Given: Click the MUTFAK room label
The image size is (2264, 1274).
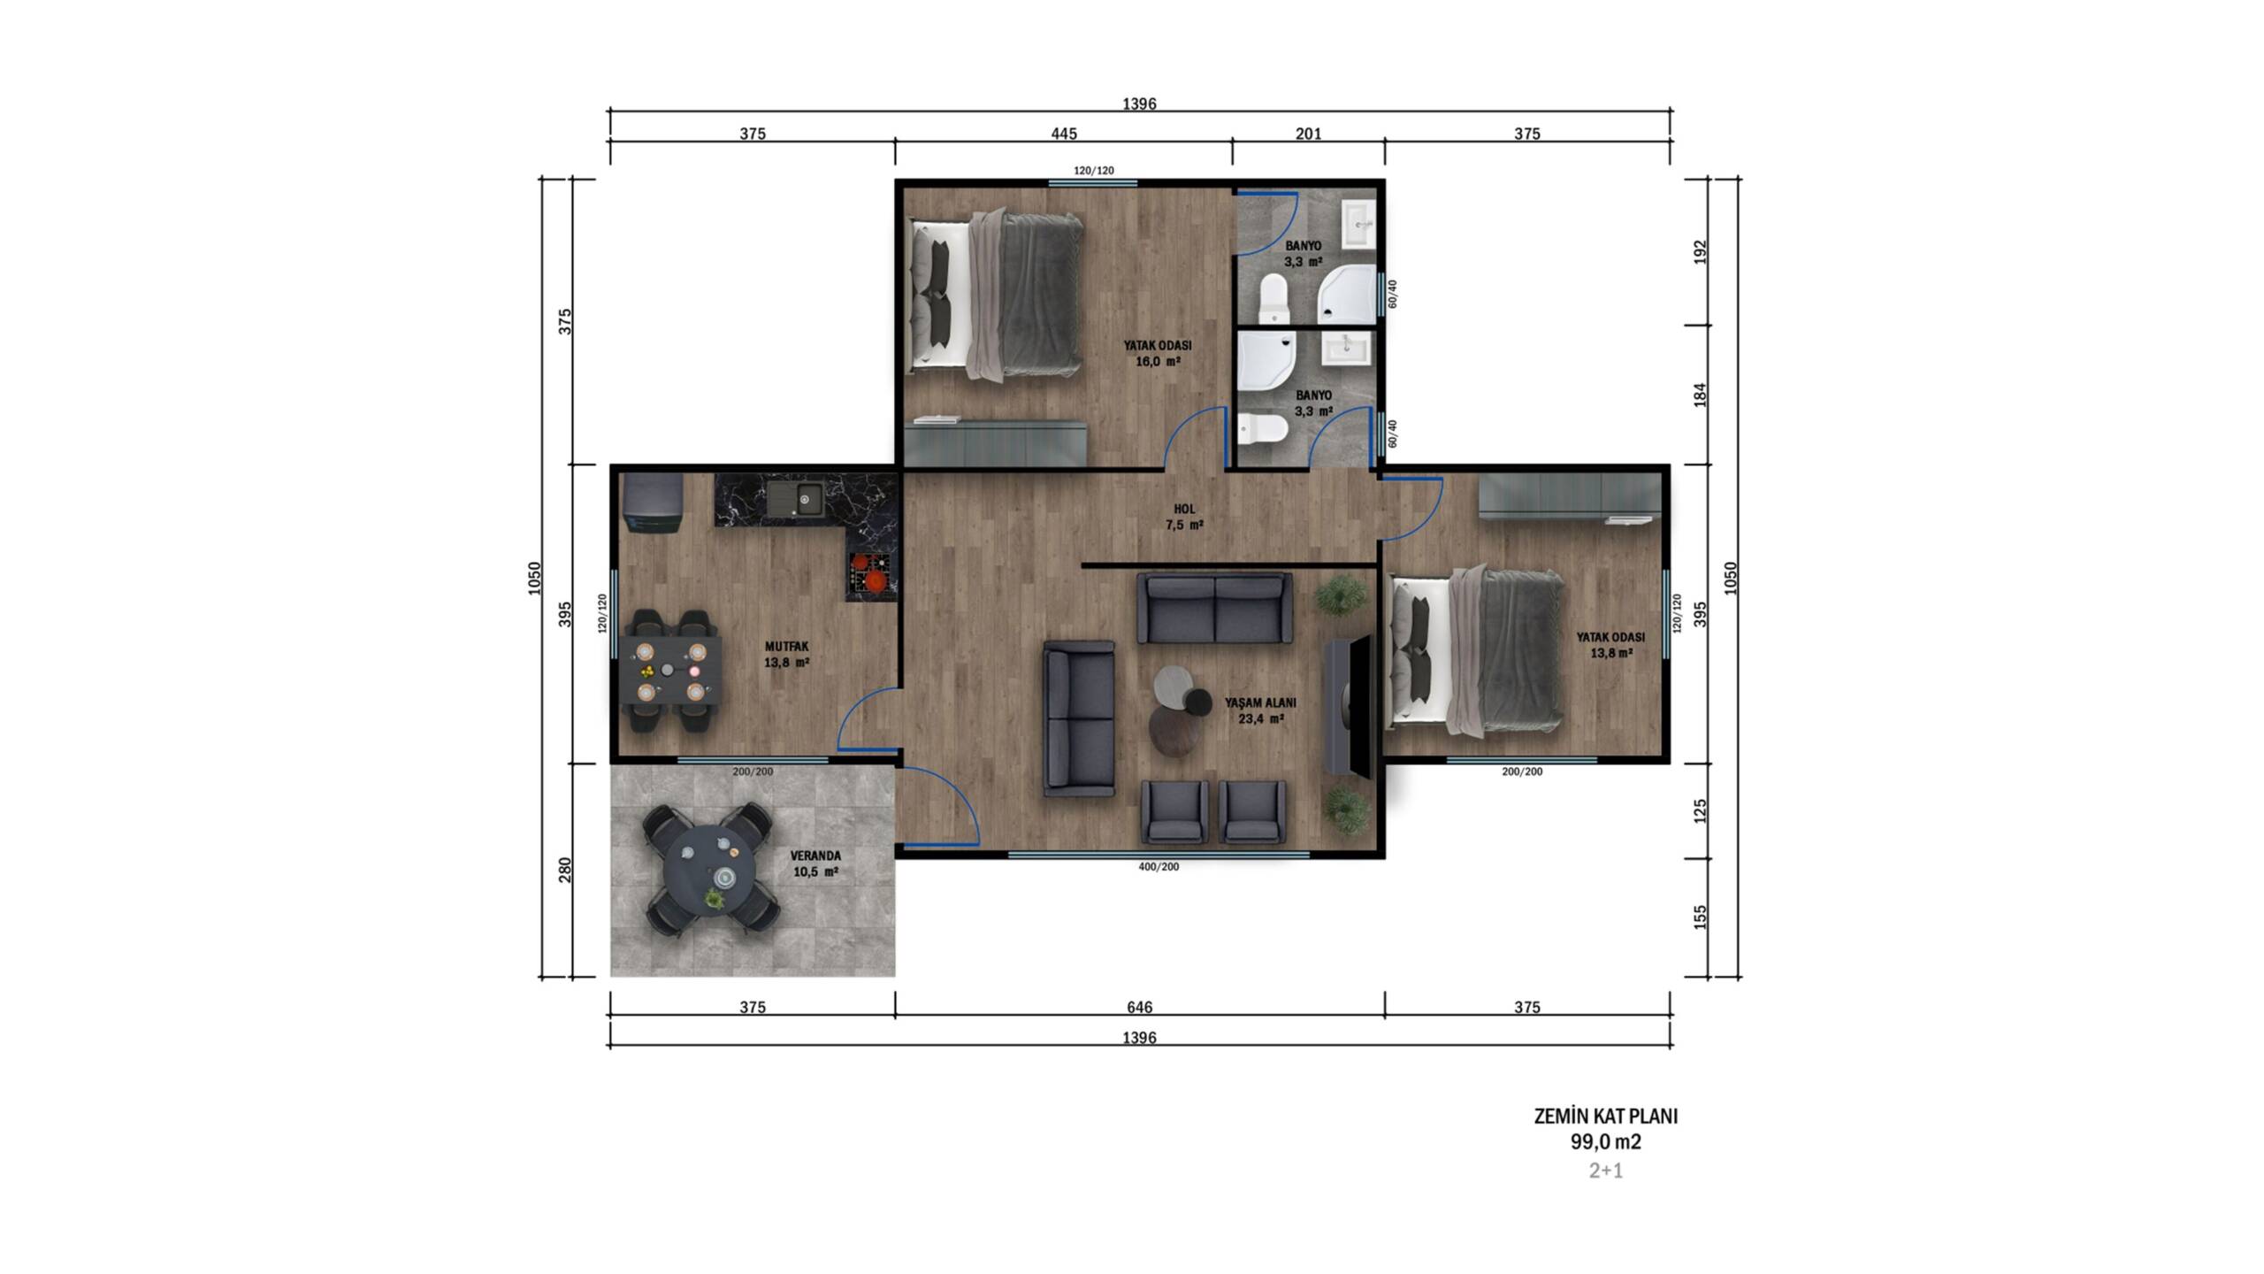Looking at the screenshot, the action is [x=786, y=647].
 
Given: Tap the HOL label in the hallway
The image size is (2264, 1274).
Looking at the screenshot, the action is [x=1184, y=509].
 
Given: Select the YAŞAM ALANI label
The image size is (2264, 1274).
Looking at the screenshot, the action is [x=1260, y=702].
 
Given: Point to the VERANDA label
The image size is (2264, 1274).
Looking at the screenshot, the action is [x=815, y=856].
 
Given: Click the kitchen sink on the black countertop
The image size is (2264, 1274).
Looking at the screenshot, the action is [x=176, y=498].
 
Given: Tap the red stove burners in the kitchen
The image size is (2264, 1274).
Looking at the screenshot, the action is [x=870, y=572].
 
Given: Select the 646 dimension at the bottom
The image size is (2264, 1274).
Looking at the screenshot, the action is [x=1140, y=1007].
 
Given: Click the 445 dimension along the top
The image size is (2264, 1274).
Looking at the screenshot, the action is [x=1064, y=134].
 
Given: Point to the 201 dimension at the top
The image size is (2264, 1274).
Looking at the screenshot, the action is [x=1308, y=134].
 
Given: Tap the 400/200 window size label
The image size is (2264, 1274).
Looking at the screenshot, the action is [x=1159, y=867].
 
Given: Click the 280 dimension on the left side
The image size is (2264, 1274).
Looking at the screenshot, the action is [x=565, y=870].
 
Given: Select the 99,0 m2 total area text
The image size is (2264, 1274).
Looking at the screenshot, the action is [x=1606, y=1141].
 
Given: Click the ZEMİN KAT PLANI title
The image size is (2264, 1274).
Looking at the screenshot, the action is [x=1606, y=1117].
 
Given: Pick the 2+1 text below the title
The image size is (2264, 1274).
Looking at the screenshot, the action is [x=1606, y=1170].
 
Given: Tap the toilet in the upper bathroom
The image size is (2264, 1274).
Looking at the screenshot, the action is [x=1273, y=298].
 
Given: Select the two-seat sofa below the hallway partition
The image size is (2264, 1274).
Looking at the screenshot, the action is [x=1214, y=609].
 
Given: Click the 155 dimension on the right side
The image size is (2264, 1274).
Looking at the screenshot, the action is [x=1699, y=917].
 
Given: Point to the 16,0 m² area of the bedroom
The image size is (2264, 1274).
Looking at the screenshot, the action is [x=1158, y=362].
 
